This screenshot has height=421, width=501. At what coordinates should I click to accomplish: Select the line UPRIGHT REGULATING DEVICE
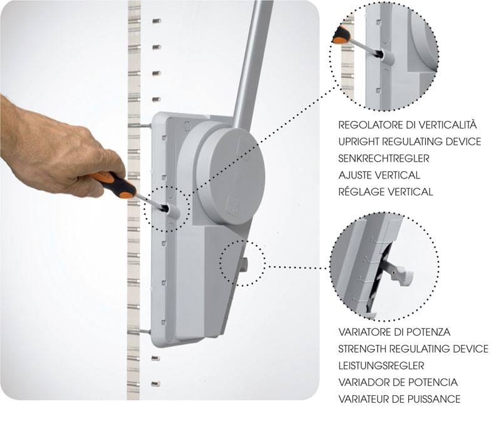[x=410, y=142]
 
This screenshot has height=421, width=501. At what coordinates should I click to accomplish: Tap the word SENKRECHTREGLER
[x=384, y=159]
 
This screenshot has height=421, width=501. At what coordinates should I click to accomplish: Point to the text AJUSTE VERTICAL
[x=379, y=175]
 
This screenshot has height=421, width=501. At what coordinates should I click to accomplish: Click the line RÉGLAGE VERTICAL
[x=386, y=192]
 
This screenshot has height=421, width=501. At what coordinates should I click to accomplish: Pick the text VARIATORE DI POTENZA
[x=395, y=332]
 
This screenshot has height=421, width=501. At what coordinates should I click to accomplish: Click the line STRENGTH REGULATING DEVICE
[x=413, y=349]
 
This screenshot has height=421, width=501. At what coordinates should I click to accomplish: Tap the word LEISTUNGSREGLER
[x=381, y=365]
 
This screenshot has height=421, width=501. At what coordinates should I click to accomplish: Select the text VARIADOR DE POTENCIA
[x=398, y=382]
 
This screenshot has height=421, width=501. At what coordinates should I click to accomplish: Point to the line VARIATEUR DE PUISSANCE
[x=400, y=399]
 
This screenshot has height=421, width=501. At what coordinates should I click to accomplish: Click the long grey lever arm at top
[x=253, y=61]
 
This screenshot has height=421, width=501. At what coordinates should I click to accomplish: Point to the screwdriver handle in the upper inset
[x=341, y=35]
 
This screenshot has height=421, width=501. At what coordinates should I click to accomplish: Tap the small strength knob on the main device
[x=244, y=264]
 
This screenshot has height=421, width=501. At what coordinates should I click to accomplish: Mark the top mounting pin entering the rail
[x=140, y=126]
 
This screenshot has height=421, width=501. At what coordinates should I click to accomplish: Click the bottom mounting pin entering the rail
[x=140, y=331]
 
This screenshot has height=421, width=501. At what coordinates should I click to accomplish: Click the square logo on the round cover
[x=233, y=205]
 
